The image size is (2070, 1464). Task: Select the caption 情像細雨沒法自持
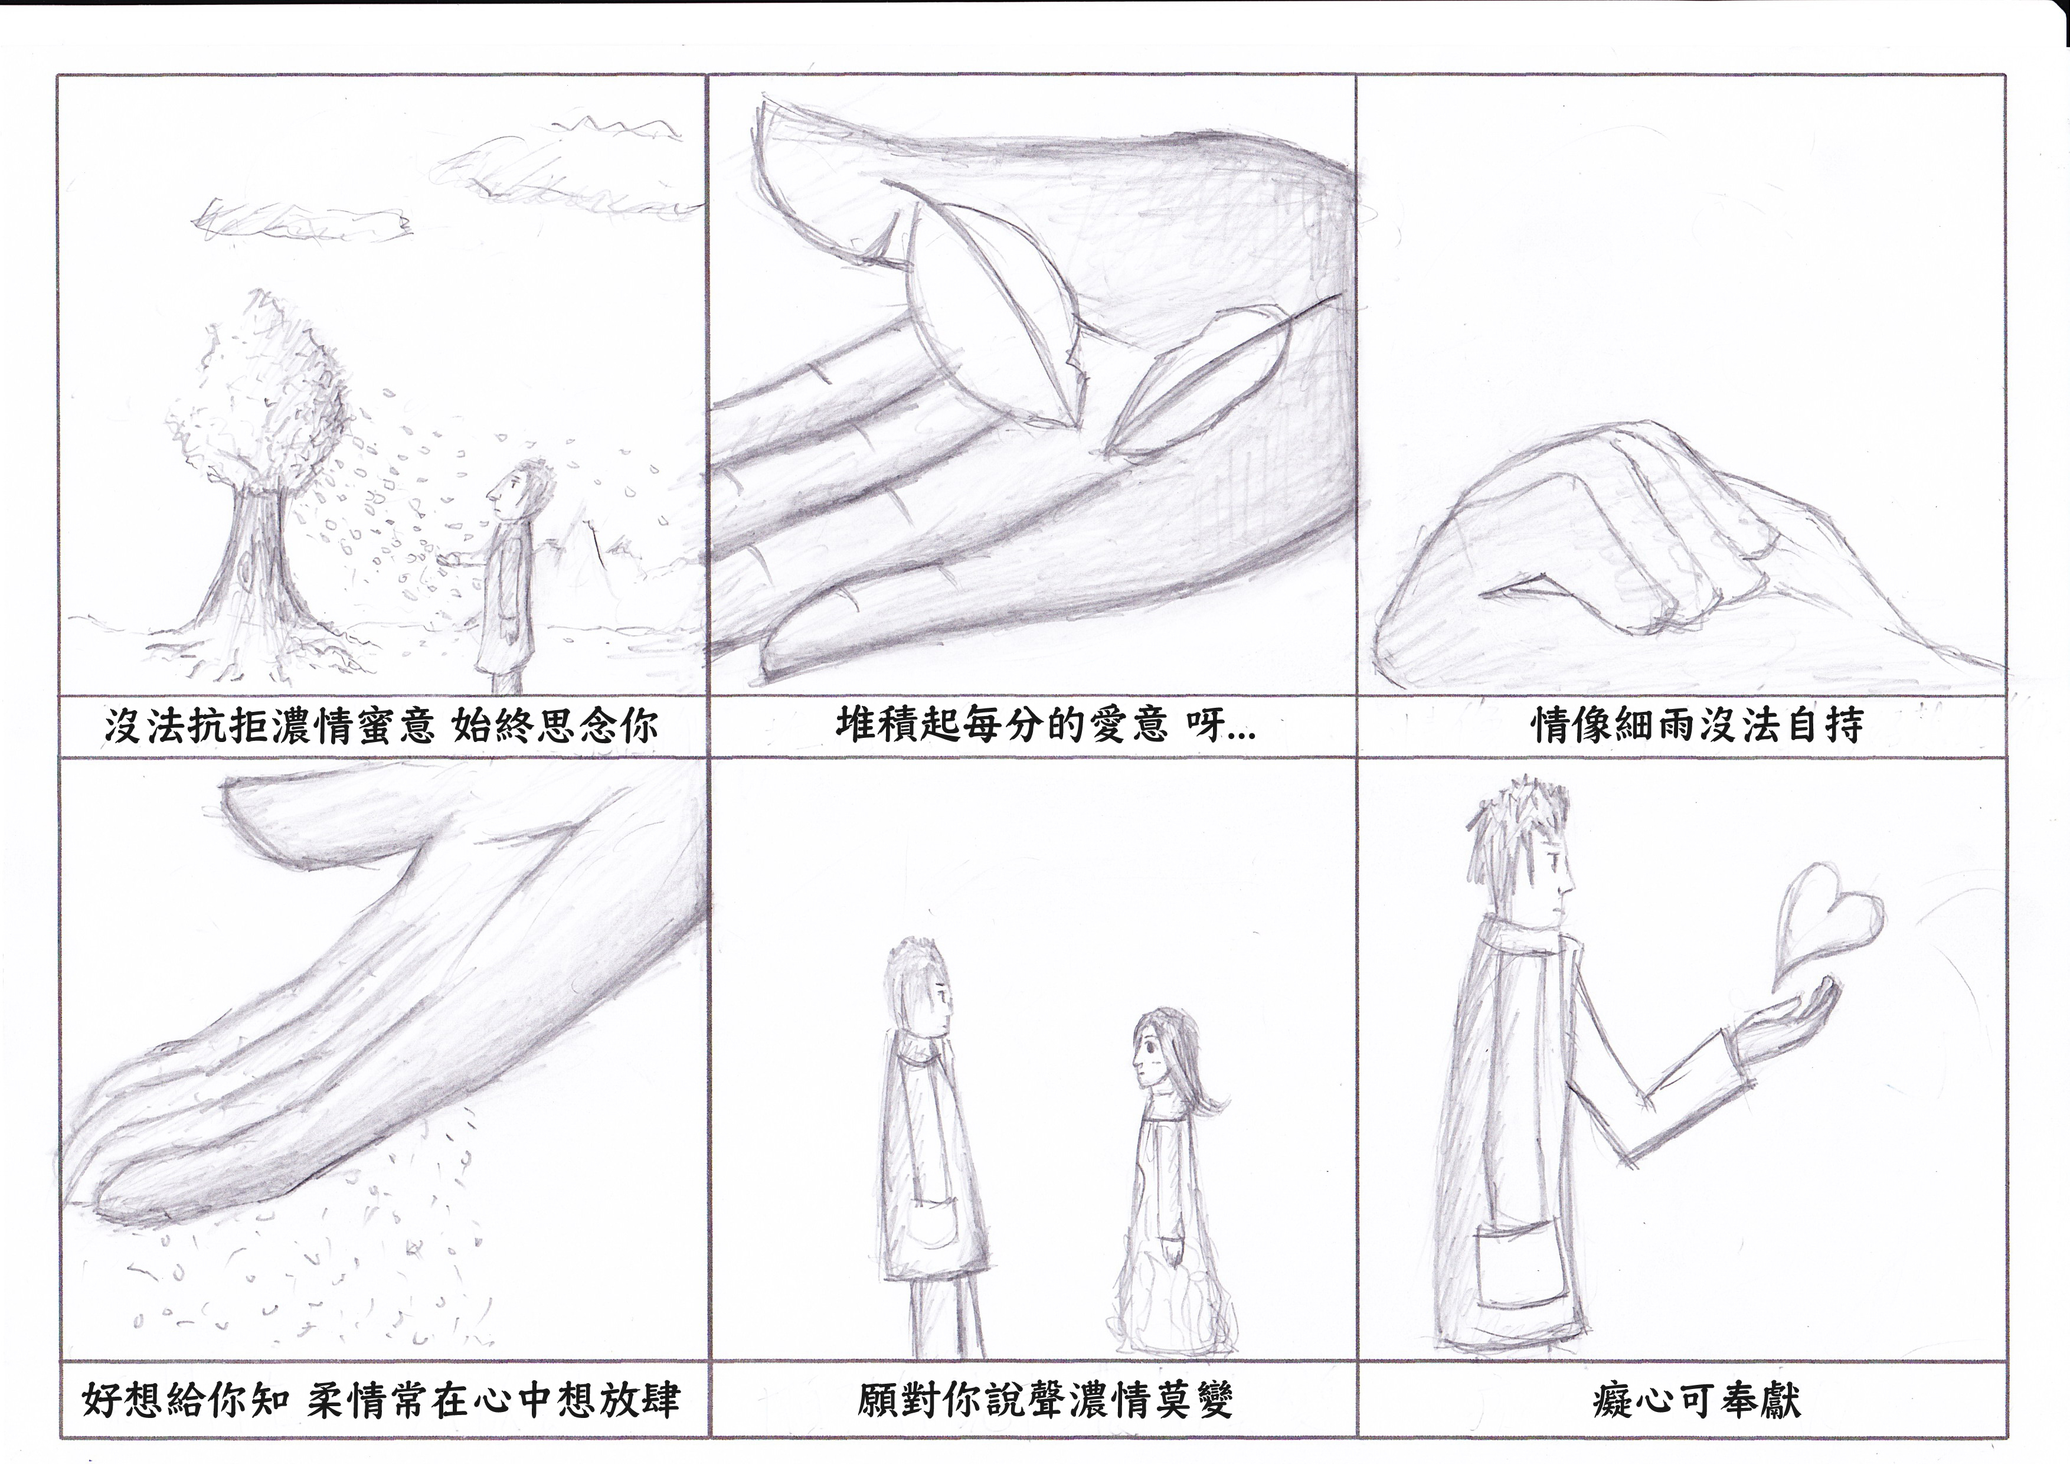[x=1697, y=726]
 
